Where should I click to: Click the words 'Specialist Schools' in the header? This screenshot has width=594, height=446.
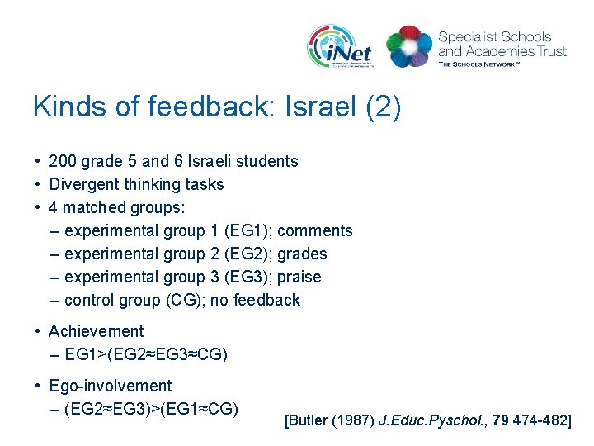494,37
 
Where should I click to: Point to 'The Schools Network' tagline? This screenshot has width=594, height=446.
490,64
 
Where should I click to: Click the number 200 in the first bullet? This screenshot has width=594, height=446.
63,161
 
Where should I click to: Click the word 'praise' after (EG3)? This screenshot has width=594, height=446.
299,277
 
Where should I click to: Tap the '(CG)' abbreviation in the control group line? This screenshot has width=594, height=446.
183,300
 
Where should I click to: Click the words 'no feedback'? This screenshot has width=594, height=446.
255,300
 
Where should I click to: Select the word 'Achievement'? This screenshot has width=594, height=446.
96,331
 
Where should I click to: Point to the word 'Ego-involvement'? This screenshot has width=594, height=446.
110,386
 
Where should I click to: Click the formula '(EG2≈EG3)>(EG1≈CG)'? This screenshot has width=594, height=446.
151,409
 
